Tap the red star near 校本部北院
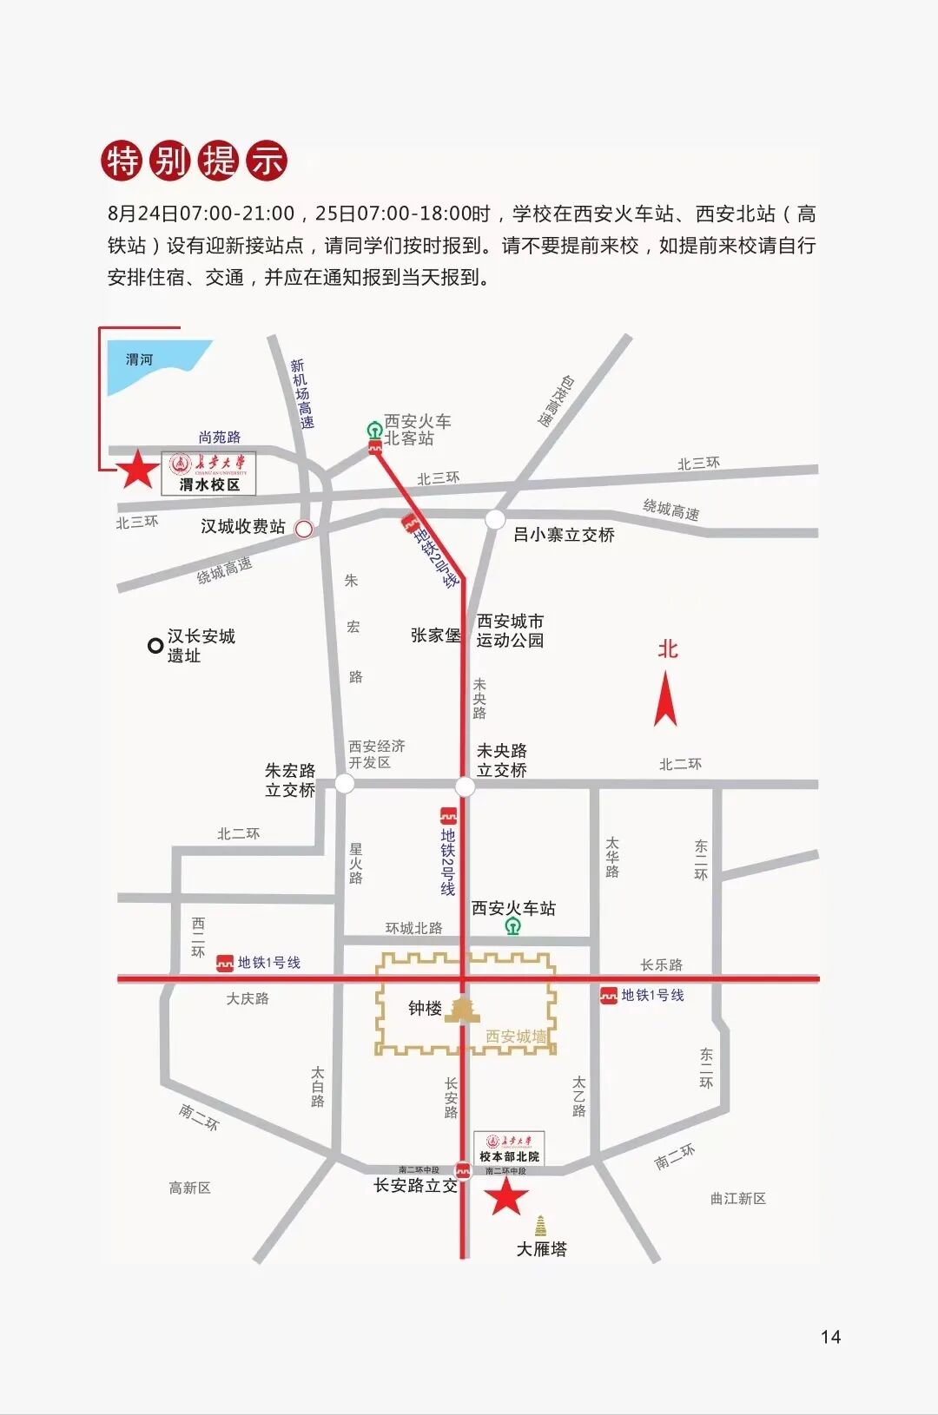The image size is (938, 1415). tap(506, 1195)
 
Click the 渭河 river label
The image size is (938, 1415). tap(139, 359)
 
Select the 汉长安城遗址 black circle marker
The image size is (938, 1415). tap(155, 645)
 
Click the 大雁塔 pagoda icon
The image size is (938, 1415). tap(541, 1226)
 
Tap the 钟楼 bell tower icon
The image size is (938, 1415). tap(461, 1009)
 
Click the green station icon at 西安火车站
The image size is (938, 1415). tap(513, 927)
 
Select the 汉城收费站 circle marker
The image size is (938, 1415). tap(304, 529)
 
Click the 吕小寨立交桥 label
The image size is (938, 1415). tap(564, 535)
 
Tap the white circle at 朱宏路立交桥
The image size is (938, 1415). tap(345, 784)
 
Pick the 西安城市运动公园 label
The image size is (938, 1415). tap(510, 631)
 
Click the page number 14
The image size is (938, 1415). tap(830, 1337)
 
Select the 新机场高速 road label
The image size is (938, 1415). tap(301, 393)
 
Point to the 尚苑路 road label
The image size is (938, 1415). tap(220, 437)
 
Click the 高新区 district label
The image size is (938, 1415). tap(190, 1188)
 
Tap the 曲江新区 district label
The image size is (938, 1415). tap(737, 1198)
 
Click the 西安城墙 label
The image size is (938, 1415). tap(516, 1037)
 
